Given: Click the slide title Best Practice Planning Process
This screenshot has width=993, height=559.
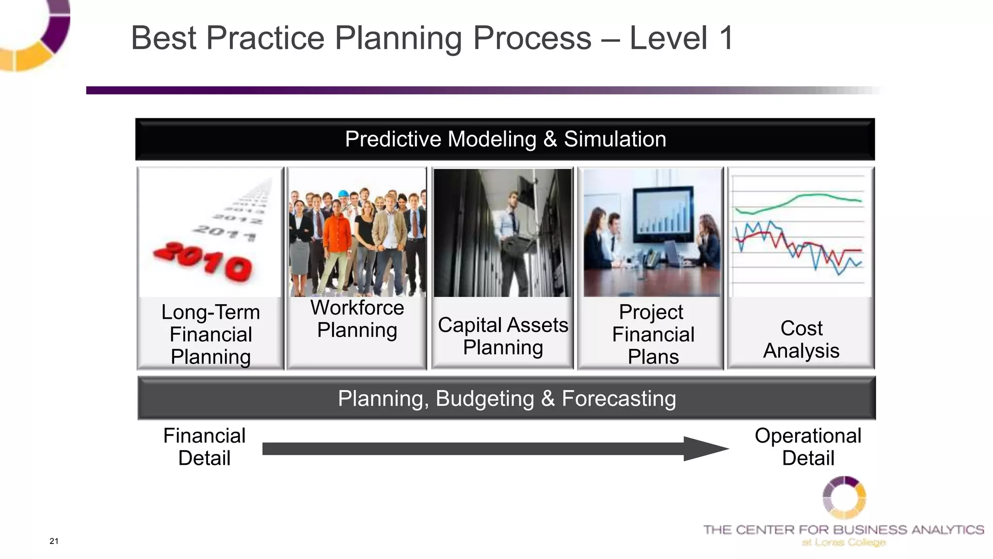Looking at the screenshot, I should pyautogui.click(x=432, y=38).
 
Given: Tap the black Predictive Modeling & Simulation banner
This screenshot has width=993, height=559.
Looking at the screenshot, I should pyautogui.click(x=505, y=139).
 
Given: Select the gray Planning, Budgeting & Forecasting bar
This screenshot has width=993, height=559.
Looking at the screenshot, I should pyautogui.click(x=507, y=398).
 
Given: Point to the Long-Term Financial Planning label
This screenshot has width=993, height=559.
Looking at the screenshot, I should pyautogui.click(x=210, y=334).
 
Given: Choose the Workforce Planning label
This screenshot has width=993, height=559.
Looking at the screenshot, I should pyautogui.click(x=357, y=319).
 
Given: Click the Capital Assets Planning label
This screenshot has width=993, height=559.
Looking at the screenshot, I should pyautogui.click(x=503, y=336).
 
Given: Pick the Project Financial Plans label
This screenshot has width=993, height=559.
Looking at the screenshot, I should pyautogui.click(x=652, y=334).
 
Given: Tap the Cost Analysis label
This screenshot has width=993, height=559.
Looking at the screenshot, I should pyautogui.click(x=801, y=339).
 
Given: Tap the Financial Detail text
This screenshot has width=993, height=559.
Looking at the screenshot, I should pyautogui.click(x=204, y=447).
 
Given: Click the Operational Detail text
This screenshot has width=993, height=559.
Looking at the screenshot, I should pyautogui.click(x=808, y=447).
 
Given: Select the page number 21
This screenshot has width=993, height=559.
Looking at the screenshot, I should pyautogui.click(x=54, y=541).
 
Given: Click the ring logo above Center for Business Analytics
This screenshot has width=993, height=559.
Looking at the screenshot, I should pyautogui.click(x=844, y=497).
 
